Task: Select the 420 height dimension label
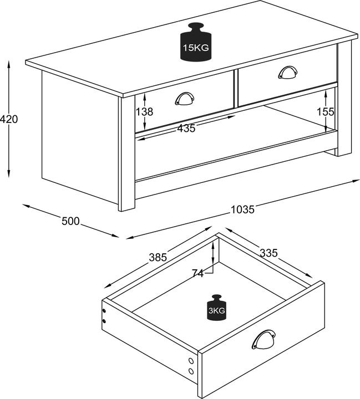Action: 9,119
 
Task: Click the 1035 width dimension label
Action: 242,209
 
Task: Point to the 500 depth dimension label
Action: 70,221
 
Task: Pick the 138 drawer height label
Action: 144,111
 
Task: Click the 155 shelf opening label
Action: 326,111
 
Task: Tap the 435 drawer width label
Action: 186,128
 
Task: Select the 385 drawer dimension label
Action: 158,257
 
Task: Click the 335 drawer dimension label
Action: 268,253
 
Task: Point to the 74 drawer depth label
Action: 198,273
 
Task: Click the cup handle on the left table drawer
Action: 185,99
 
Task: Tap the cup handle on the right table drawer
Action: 288,72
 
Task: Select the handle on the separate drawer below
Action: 263,340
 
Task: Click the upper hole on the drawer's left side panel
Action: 104,311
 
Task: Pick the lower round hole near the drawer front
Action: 191,371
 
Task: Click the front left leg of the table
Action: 126,154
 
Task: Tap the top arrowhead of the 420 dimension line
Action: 9,64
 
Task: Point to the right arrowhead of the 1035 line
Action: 356,181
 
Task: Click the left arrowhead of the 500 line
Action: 26,206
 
